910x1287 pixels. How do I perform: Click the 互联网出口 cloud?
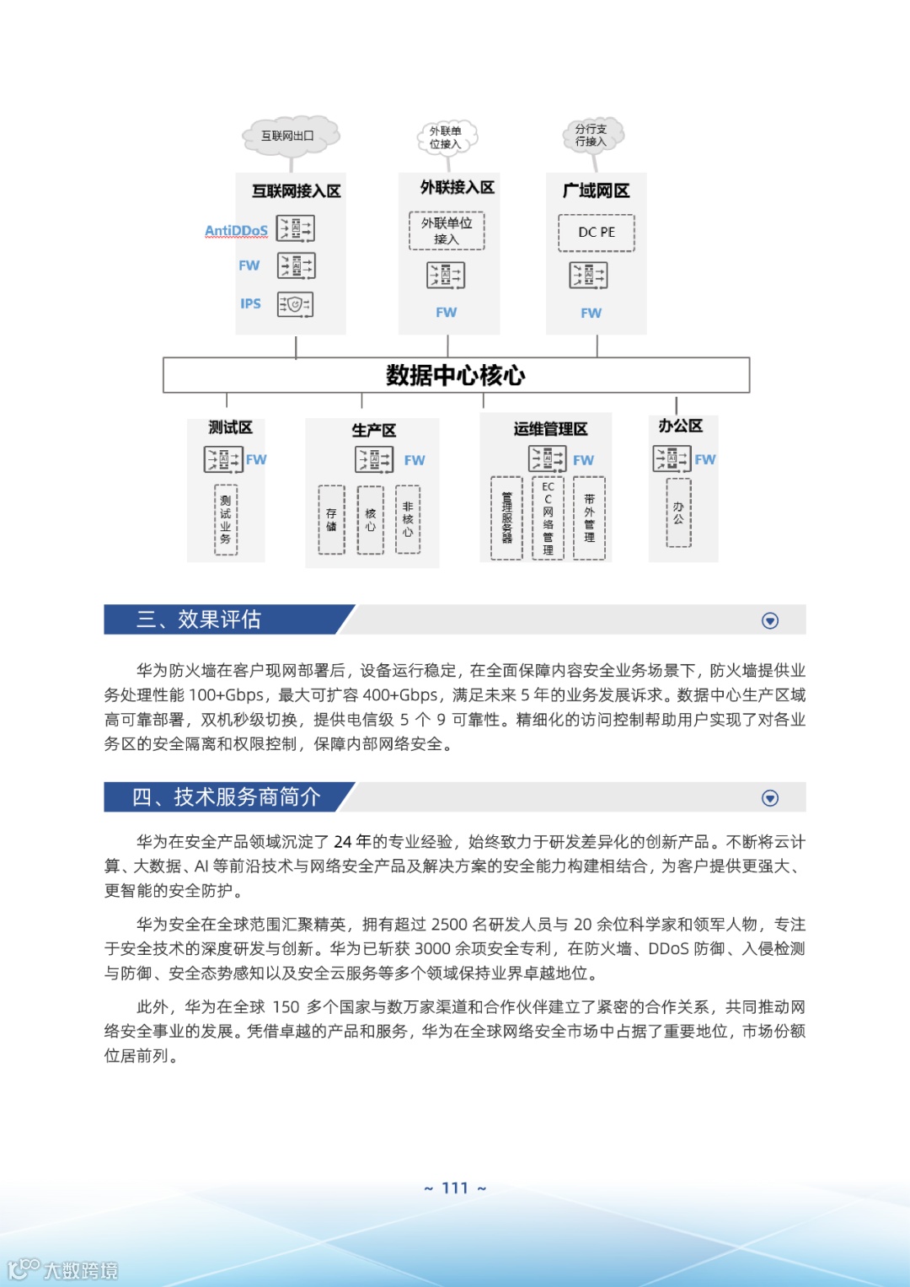[289, 136]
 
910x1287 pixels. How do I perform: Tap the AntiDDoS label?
[236, 231]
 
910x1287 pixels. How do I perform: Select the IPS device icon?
[295, 304]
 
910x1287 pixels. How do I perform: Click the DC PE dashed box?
[597, 233]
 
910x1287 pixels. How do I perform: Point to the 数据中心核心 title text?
[455, 375]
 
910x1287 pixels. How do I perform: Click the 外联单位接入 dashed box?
[447, 231]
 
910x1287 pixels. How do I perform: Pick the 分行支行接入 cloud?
[592, 135]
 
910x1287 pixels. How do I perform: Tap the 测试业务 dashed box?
[226, 519]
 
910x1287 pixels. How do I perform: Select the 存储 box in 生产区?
[331, 520]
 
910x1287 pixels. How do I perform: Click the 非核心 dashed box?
[408, 519]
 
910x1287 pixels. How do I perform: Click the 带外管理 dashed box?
[589, 518]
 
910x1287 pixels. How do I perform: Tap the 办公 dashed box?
[678, 513]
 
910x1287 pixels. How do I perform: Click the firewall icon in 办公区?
[672, 458]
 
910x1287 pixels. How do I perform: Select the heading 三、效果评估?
[199, 619]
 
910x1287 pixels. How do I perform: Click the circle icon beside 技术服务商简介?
[770, 798]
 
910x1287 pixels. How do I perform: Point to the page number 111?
[455, 1188]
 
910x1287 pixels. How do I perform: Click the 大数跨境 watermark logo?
[63, 1269]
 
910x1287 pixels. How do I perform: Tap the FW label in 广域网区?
[591, 313]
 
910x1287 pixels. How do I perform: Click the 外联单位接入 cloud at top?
[447, 137]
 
